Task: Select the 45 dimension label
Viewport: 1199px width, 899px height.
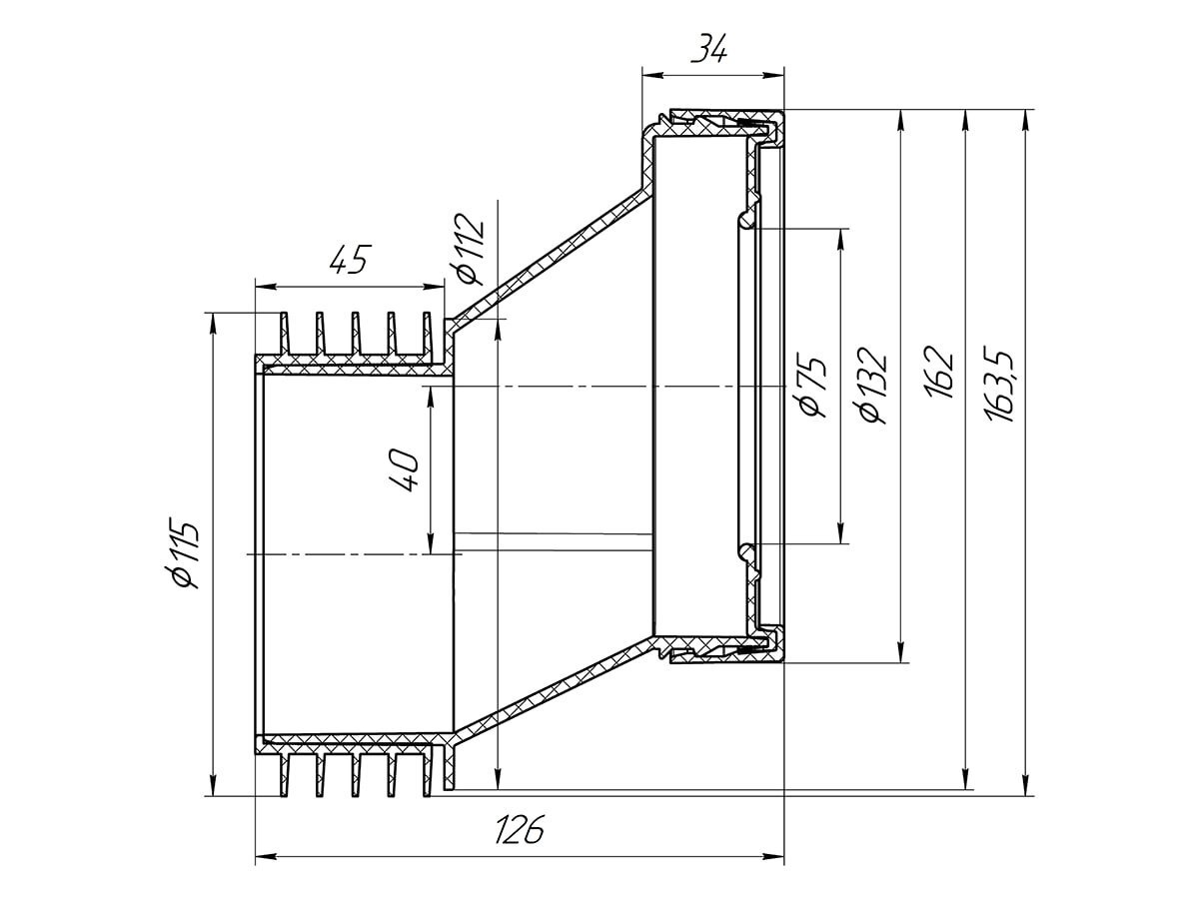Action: click(x=350, y=260)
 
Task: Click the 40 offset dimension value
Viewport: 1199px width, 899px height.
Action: click(x=406, y=469)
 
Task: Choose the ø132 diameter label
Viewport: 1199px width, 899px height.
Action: click(x=872, y=385)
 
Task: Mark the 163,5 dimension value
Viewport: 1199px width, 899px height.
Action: click(x=1001, y=384)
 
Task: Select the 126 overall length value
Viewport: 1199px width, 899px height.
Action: click(x=519, y=830)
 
